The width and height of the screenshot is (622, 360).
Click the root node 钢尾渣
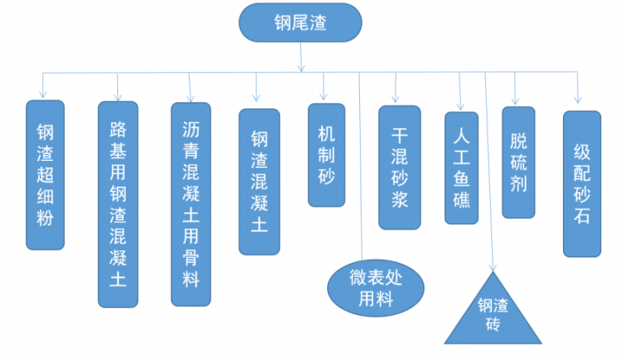click(x=300, y=23)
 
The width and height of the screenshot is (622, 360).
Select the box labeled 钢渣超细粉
click(x=45, y=174)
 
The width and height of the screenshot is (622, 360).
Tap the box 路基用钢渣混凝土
click(x=118, y=204)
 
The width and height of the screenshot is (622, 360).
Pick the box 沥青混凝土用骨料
click(x=190, y=204)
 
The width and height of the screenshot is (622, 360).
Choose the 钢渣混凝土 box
click(x=259, y=181)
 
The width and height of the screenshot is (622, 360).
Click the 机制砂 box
click(x=327, y=155)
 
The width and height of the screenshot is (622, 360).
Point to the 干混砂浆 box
click(x=399, y=167)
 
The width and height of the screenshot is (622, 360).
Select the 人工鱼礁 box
click(x=462, y=168)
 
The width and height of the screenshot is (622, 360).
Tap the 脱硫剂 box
click(x=519, y=162)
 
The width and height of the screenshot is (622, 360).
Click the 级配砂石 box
click(x=582, y=183)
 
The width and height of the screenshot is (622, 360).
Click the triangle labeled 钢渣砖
click(x=492, y=315)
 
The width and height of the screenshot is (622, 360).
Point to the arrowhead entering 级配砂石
click(x=577, y=100)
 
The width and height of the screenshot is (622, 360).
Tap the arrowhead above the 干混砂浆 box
click(x=396, y=99)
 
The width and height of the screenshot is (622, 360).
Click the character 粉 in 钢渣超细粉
click(x=45, y=219)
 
